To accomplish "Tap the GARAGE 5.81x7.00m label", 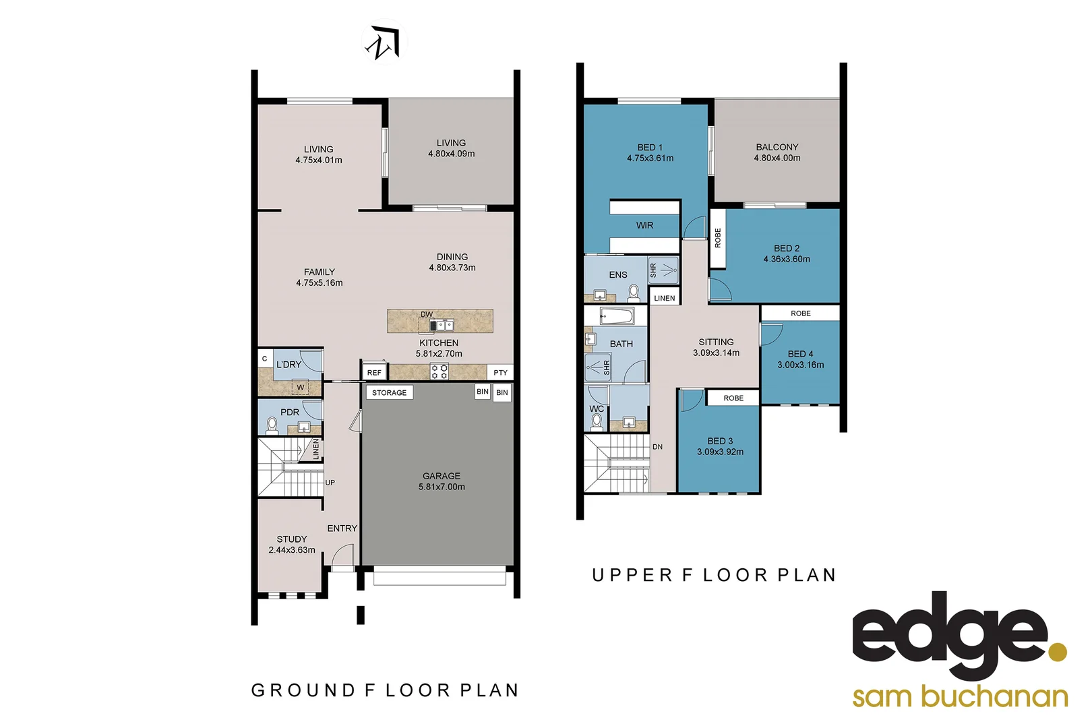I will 442,481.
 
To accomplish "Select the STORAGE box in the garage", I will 389,392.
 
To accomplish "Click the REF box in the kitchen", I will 374,372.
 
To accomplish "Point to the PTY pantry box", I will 500,372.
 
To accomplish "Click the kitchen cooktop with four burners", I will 439,371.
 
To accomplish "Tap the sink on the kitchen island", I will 443,326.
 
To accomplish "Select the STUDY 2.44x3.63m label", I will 292,545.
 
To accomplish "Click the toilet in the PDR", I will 272,425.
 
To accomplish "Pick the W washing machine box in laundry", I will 301,388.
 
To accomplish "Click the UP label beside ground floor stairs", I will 330,483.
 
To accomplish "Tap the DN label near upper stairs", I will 657,447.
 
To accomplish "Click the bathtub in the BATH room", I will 616,315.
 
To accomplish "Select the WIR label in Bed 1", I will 644,226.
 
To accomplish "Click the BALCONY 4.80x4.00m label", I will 777,152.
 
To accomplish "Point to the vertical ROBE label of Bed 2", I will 717,238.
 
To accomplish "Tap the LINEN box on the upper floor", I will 664,298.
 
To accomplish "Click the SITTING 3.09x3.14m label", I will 716,347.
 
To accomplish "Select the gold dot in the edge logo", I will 1058,652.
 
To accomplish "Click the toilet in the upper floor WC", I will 597,422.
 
